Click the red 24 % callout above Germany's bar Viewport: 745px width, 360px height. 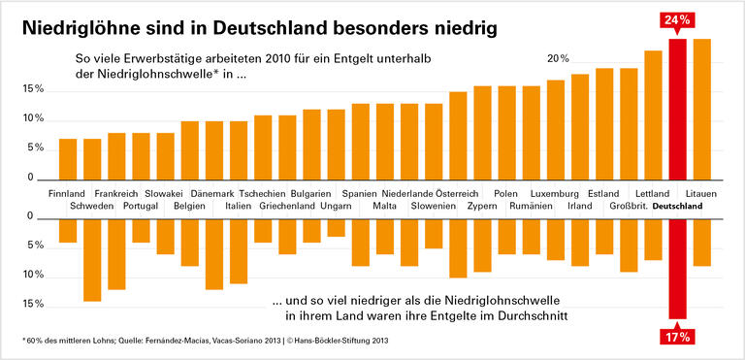coord(678,19)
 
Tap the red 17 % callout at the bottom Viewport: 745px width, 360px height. coord(678,337)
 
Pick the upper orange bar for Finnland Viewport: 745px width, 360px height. coord(68,159)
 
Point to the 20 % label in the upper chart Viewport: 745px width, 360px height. coord(558,59)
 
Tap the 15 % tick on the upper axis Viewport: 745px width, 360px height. coord(32,89)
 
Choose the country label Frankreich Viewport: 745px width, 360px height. coord(115,194)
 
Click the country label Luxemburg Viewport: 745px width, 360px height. coord(555,194)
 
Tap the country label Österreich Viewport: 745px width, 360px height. coord(457,194)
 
